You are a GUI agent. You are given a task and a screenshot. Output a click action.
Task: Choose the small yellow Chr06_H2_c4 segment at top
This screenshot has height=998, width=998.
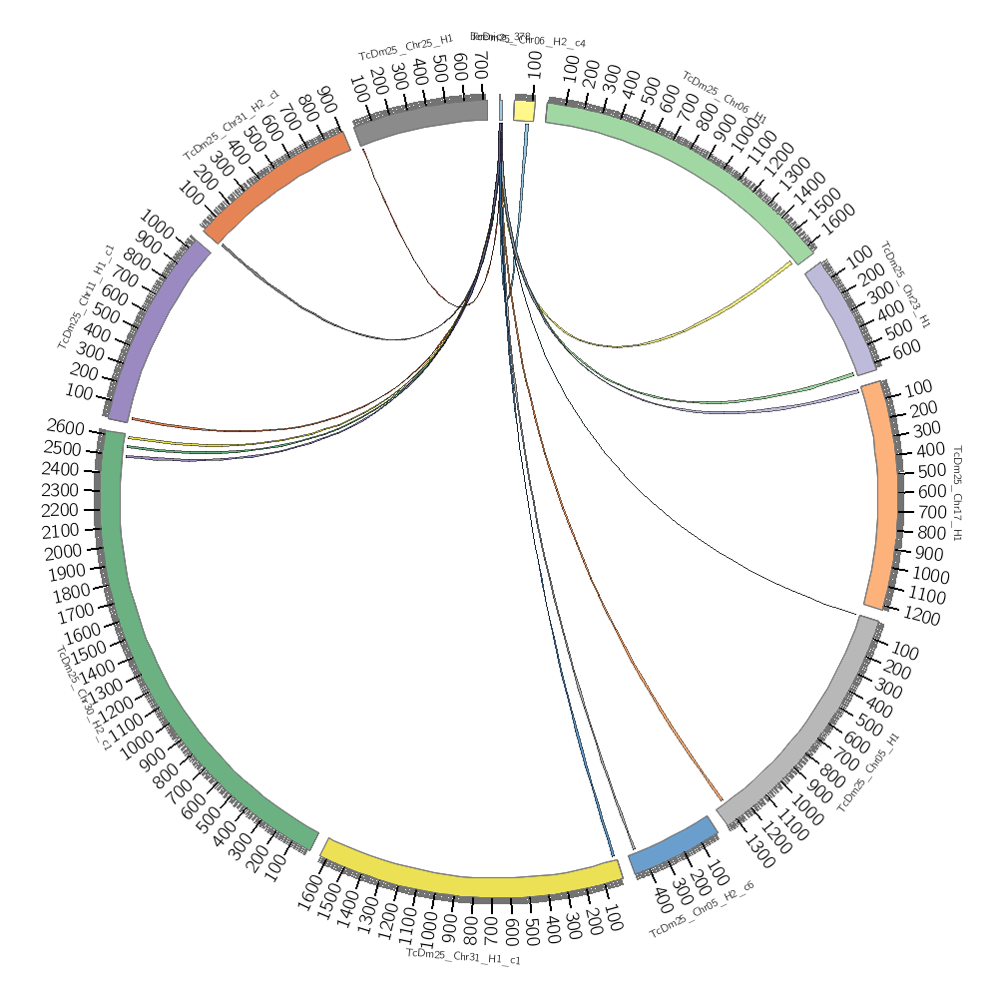[x=523, y=109]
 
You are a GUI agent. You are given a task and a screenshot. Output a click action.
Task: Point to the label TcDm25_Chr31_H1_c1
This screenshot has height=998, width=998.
[x=463, y=957]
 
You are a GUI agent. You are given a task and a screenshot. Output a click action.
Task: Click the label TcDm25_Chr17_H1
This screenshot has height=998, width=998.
[x=957, y=493]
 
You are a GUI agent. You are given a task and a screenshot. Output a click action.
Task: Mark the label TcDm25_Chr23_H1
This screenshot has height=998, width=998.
[x=904, y=283]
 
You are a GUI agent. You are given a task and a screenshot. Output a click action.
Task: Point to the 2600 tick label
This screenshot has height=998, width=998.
[x=67, y=427]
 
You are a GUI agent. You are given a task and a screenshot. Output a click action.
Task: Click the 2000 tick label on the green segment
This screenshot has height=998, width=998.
[x=62, y=552]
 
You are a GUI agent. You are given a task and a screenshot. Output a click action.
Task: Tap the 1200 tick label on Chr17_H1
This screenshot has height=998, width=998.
[x=919, y=618]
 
